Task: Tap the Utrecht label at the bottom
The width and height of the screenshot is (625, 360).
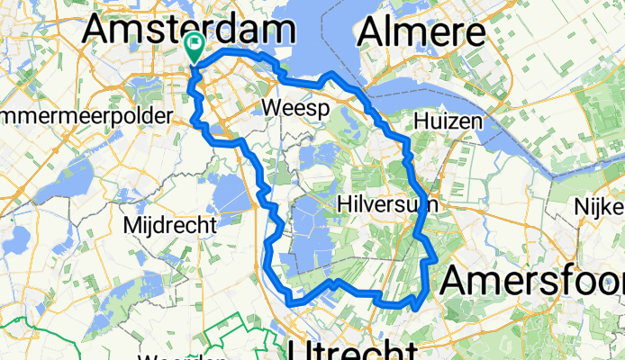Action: [x=352, y=350]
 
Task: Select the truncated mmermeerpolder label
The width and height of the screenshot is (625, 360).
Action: [x=86, y=118]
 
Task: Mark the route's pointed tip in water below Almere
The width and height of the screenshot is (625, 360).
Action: [x=332, y=73]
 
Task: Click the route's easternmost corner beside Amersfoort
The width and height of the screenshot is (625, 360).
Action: [x=437, y=259]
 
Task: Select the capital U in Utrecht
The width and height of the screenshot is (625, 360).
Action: [x=303, y=350]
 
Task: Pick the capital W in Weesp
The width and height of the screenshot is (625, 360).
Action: [x=270, y=109]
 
